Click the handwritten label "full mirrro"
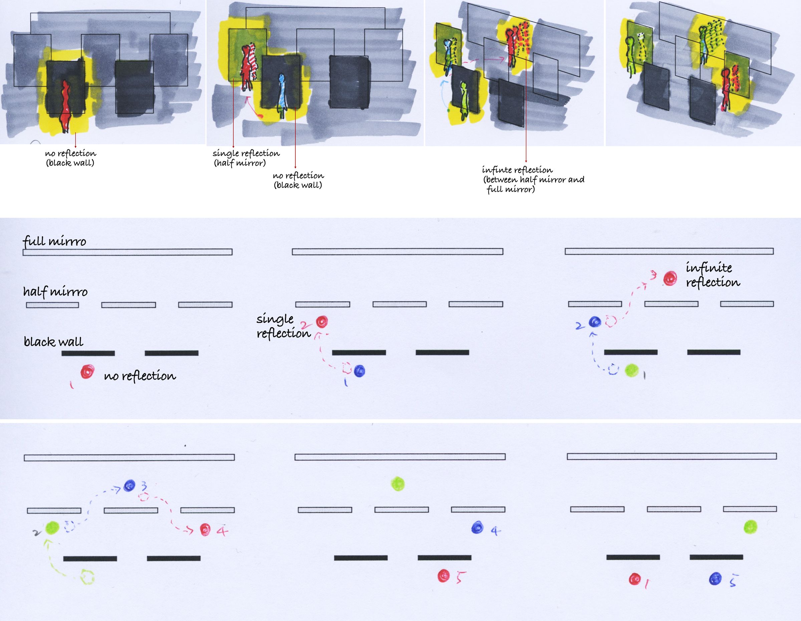click(x=54, y=241)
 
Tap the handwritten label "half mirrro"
click(x=55, y=291)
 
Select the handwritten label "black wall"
click(x=53, y=342)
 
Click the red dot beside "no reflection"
click(x=87, y=371)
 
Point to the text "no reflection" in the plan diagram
click(x=140, y=376)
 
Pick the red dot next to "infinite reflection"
click(x=670, y=279)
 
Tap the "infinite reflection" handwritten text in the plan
click(x=713, y=275)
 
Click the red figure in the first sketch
click(x=65, y=107)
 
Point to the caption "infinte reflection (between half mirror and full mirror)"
click(x=533, y=180)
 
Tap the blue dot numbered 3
click(x=129, y=486)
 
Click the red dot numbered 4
click(x=205, y=529)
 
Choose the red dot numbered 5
click(x=444, y=576)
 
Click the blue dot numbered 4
click(x=477, y=527)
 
